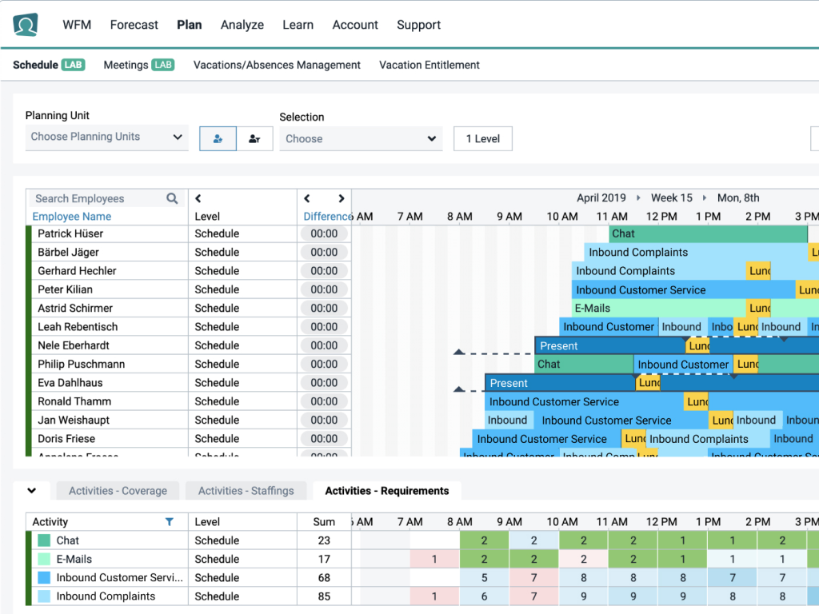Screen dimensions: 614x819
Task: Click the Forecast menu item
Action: [x=134, y=25]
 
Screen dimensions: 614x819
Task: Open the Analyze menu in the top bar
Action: [x=242, y=25]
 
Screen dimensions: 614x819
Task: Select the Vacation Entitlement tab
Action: [x=429, y=65]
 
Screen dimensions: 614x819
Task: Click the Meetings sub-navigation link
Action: [x=126, y=65]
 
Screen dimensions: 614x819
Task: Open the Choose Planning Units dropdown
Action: [x=106, y=137]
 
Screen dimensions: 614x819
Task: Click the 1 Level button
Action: [x=482, y=138]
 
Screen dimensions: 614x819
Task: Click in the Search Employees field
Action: [x=98, y=198]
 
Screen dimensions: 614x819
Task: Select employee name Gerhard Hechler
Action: [x=77, y=271]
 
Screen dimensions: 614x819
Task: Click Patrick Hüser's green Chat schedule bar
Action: [x=707, y=233]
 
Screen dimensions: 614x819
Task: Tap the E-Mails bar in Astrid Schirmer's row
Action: [x=657, y=308]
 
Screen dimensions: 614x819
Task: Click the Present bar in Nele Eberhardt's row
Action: [x=608, y=345]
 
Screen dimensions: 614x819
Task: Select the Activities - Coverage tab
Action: [x=118, y=491]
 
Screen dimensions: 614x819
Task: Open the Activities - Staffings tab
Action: [x=246, y=491]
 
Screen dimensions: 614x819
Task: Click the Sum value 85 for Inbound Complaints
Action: [x=324, y=596]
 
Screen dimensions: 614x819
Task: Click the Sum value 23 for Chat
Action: [x=324, y=540]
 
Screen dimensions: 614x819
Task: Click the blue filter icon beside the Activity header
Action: [x=169, y=522]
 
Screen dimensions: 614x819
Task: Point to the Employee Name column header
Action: [x=71, y=217]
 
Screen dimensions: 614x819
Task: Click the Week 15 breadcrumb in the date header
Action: [x=671, y=197]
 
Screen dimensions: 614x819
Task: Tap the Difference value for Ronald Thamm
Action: [x=324, y=401]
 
